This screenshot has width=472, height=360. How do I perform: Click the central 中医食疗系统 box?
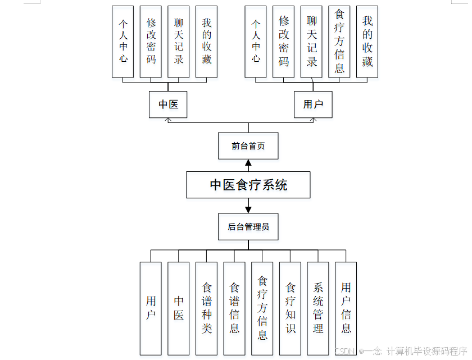[x=248, y=185]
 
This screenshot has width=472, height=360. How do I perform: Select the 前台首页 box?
[x=248, y=146]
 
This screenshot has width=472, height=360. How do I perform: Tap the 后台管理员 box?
[x=248, y=227]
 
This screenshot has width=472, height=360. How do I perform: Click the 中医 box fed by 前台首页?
[x=168, y=104]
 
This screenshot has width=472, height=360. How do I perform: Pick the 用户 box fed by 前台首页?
[x=313, y=104]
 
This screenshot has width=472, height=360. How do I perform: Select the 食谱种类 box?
[x=206, y=308]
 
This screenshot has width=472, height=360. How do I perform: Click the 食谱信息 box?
[x=234, y=308]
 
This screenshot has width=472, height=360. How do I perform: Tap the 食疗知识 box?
[x=290, y=308]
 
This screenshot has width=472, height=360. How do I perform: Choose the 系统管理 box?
[x=318, y=308]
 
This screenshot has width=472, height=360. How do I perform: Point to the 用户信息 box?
[x=346, y=308]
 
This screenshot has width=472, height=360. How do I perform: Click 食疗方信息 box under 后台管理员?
[x=262, y=308]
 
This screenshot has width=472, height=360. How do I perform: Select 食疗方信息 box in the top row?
[x=339, y=42]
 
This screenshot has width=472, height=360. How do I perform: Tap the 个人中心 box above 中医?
[x=123, y=42]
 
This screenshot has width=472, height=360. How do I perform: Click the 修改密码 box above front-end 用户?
[x=284, y=42]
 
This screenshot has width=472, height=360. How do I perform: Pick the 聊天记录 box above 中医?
[x=179, y=42]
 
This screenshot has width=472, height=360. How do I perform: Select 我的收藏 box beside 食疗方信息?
[x=367, y=42]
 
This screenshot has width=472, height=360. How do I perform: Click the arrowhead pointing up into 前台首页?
[x=248, y=163]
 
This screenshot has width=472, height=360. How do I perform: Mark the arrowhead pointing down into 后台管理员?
[x=248, y=209]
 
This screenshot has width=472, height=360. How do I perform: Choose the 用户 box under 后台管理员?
[x=151, y=308]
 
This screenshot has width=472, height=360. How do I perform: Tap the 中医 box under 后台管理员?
[x=179, y=308]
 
